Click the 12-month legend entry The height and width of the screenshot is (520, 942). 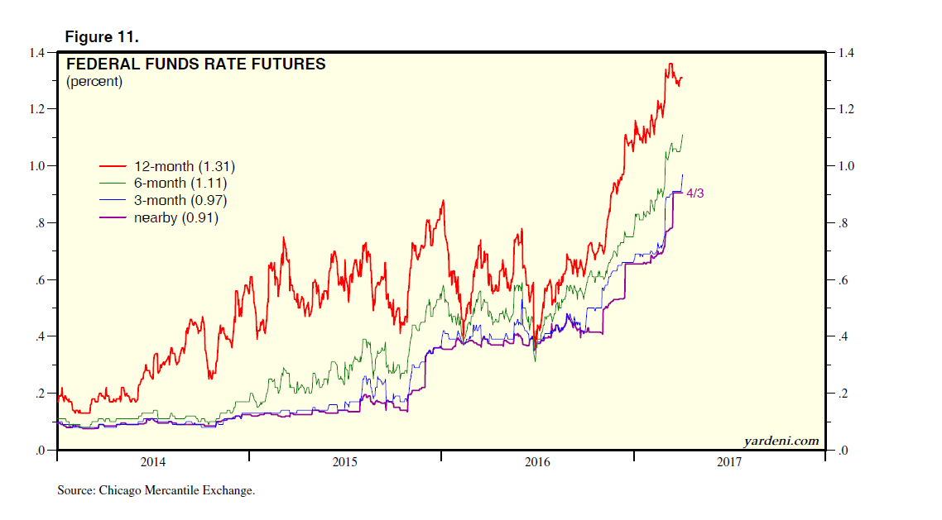177,167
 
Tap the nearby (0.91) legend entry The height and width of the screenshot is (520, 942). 175,218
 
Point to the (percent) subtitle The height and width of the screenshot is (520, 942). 94,81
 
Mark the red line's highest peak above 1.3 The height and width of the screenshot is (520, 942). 670,64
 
